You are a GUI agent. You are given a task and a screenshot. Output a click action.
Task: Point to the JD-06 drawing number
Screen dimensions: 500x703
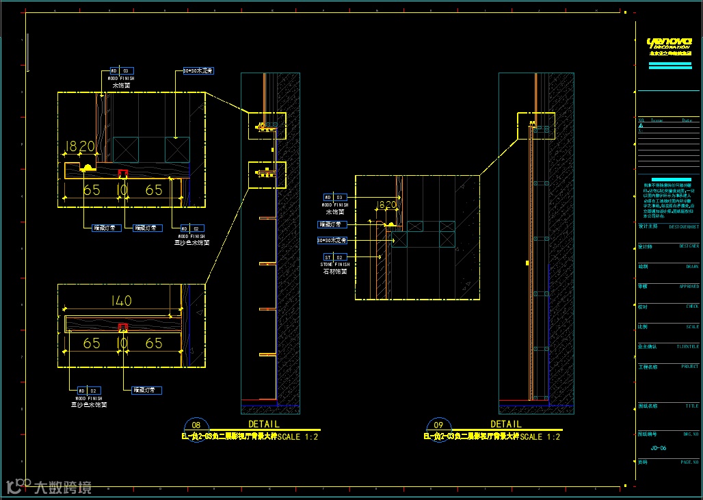click(659, 448)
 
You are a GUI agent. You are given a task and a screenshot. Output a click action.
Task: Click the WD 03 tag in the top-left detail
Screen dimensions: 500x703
click(122, 70)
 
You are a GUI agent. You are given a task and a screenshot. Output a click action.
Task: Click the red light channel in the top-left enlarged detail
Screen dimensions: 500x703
click(123, 172)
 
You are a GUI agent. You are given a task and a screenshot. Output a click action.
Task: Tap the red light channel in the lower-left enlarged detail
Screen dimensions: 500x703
click(123, 326)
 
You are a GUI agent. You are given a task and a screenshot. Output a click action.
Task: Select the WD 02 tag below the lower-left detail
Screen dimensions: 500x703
click(88, 390)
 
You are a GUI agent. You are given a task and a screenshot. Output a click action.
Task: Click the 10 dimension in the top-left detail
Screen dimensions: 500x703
click(122, 189)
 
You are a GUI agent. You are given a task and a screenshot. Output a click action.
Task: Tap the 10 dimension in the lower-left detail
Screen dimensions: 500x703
click(123, 343)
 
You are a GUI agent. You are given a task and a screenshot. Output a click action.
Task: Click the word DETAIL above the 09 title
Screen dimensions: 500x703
click(506, 424)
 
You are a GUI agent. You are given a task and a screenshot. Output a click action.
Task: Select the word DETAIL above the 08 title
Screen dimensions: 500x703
click(263, 424)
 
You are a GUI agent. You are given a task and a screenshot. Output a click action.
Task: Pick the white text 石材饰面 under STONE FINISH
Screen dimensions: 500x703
click(335, 272)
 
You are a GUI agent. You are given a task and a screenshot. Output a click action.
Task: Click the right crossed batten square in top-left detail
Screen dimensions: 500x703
click(177, 148)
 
